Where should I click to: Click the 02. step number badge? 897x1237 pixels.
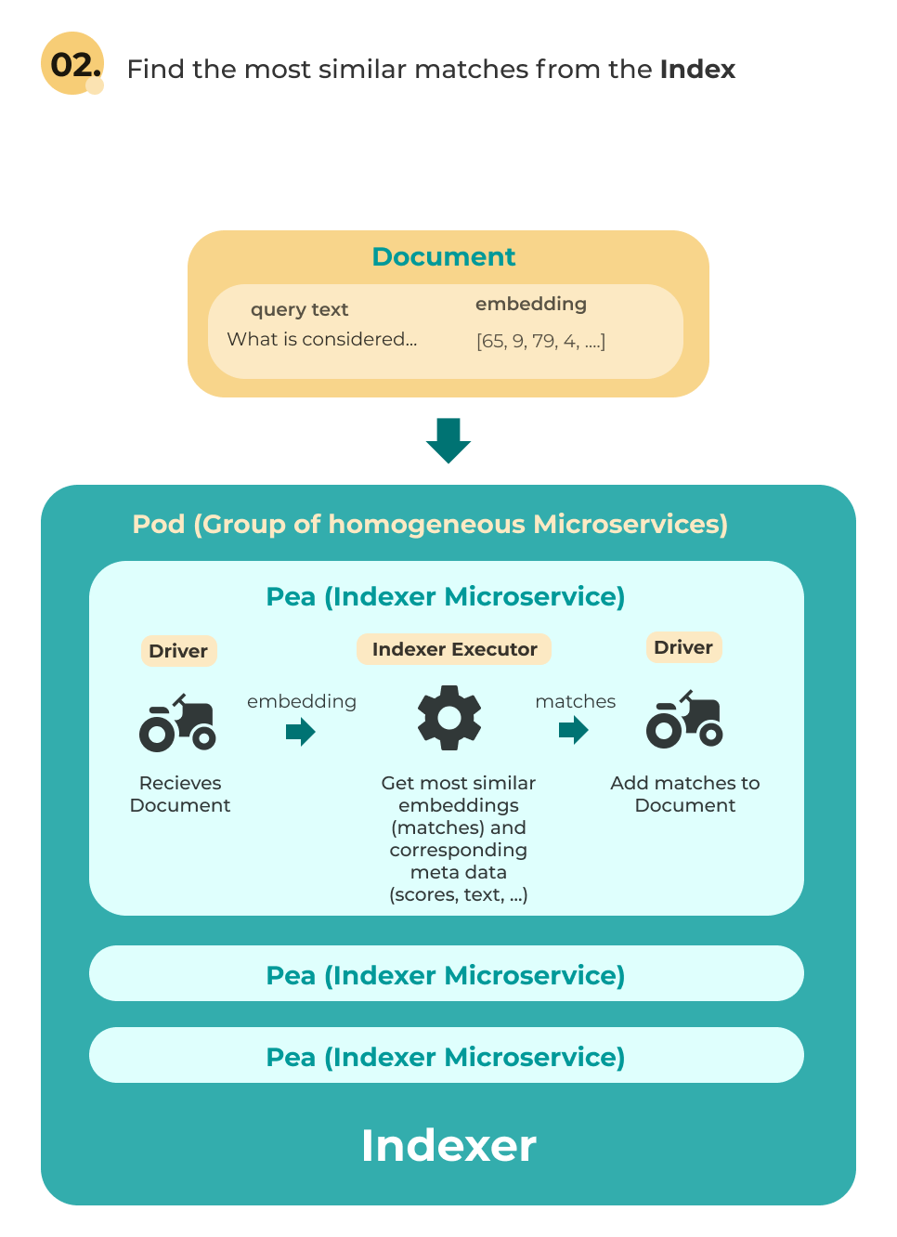point(72,64)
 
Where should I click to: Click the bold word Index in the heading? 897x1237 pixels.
point(697,70)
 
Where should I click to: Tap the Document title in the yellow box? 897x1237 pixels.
point(444,257)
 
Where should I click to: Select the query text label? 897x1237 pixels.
point(299,310)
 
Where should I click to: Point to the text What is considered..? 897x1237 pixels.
point(321,340)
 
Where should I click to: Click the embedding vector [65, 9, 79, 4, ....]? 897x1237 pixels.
point(540,342)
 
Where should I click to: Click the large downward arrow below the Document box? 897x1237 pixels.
point(448,440)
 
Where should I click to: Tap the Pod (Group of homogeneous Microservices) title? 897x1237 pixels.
point(430,525)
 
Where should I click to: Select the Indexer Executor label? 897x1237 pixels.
point(454,649)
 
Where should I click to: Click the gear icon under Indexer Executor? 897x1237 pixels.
point(449,718)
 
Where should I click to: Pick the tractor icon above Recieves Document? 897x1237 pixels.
point(178,723)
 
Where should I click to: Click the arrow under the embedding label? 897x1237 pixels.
point(300,733)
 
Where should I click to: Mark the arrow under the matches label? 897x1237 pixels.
point(574,731)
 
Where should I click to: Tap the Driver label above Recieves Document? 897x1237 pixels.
point(178,651)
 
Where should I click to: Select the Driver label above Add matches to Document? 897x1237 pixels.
point(683,647)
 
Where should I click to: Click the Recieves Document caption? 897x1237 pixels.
point(180,794)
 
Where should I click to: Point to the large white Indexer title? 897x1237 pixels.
point(448,1146)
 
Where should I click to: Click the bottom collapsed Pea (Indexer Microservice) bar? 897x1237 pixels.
point(446,1056)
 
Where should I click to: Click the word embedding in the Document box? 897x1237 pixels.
point(531,305)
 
